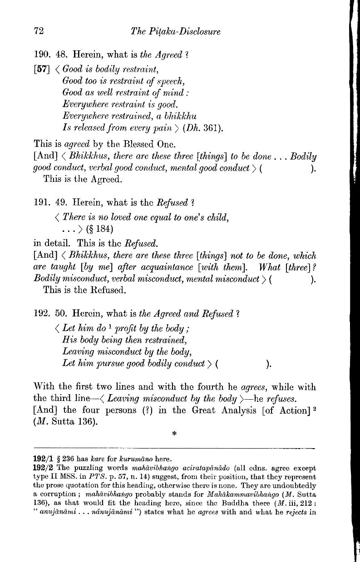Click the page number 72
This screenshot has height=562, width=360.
click(x=39, y=31)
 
